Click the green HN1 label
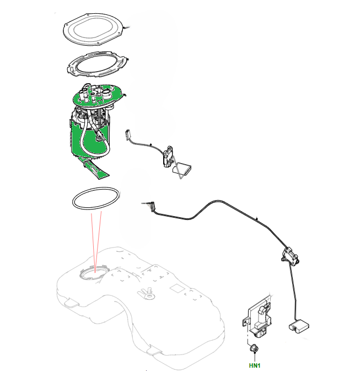(x=255, y=365)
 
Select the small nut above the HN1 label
(x=254, y=348)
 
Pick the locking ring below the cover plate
(x=96, y=64)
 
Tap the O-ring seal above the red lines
(x=95, y=198)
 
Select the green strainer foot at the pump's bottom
(x=95, y=168)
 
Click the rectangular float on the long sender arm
(x=299, y=326)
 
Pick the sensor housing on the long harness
(x=290, y=256)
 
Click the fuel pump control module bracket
(x=257, y=316)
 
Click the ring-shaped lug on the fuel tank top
(x=149, y=295)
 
